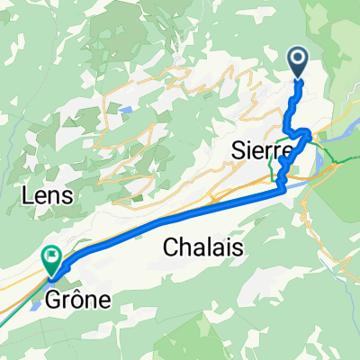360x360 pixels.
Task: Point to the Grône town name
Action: click(x=76, y=299)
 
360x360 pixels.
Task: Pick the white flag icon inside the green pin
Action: click(x=51, y=257)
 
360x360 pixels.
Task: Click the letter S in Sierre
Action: click(x=238, y=150)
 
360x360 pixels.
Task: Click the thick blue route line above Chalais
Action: click(x=180, y=216)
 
